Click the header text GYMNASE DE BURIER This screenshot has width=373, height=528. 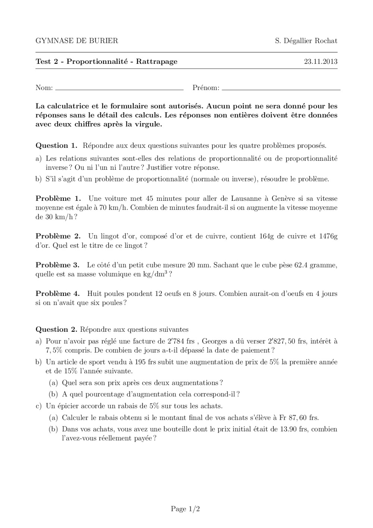tap(76, 41)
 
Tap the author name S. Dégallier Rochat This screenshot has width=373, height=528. tap(306, 41)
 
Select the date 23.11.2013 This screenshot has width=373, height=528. tap(321, 62)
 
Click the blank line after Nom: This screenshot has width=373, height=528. tap(119, 90)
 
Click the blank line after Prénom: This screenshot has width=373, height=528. tap(280, 90)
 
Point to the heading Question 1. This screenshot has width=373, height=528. tap(56, 146)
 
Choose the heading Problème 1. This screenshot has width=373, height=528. tap(58, 198)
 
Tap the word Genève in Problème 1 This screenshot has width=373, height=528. tap(285, 198)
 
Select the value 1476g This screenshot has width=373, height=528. tap(328, 236)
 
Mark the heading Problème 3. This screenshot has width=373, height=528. tap(57, 265)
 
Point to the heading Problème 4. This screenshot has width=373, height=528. tap(57, 294)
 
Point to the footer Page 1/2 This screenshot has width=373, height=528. tap(185, 509)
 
